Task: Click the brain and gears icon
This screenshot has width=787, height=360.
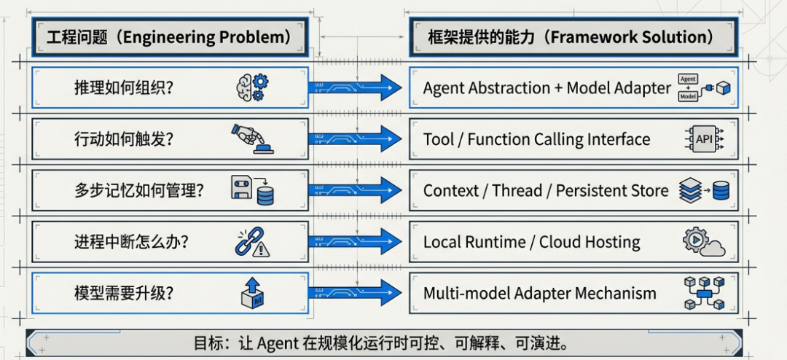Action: click(x=252, y=87)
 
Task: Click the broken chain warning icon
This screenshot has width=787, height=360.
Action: click(x=252, y=242)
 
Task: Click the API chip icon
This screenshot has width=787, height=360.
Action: click(x=704, y=138)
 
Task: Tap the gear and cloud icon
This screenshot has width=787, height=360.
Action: click(x=704, y=242)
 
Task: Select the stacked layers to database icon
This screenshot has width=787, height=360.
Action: click(x=704, y=190)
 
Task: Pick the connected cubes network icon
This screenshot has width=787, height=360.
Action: click(x=704, y=292)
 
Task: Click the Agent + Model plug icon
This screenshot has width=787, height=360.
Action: click(x=704, y=87)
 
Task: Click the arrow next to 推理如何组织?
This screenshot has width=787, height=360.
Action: click(x=356, y=87)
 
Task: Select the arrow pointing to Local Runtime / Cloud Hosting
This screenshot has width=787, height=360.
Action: click(x=356, y=242)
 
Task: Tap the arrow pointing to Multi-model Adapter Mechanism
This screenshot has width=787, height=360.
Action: click(x=356, y=293)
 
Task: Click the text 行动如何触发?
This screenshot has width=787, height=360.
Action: click(x=124, y=139)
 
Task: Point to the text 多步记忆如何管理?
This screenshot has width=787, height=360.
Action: click(x=138, y=191)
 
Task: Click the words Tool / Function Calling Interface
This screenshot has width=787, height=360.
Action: click(x=536, y=139)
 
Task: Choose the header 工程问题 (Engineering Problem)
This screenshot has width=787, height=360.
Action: click(x=169, y=37)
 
